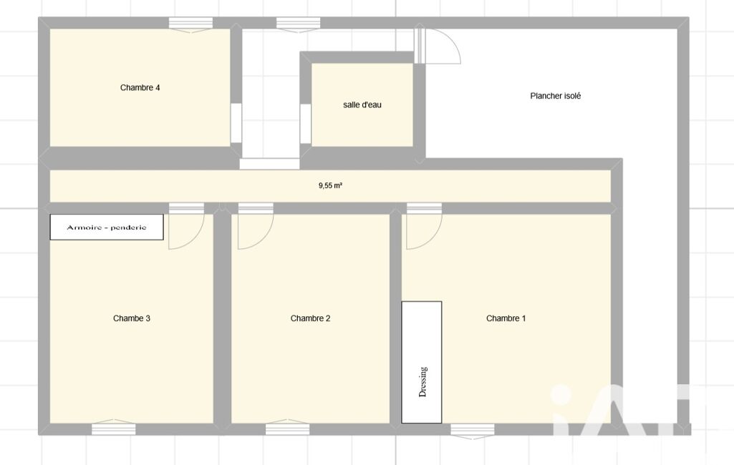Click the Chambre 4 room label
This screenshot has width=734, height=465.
click(140, 87)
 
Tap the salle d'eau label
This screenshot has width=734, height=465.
click(362, 104)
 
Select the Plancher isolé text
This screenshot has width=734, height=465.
click(555, 96)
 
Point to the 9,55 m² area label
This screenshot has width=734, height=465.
click(331, 186)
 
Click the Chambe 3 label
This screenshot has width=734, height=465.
click(132, 318)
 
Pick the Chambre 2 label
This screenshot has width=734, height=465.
click(310, 318)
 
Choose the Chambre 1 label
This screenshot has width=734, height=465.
click(506, 318)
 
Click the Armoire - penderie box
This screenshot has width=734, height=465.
click(107, 227)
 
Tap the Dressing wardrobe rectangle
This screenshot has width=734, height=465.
click(421, 363)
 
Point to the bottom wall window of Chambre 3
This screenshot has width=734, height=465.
click(114, 428)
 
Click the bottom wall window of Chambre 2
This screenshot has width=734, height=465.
click(287, 428)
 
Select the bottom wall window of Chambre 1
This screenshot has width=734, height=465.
click(473, 431)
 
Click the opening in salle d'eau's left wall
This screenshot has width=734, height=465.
click(305, 124)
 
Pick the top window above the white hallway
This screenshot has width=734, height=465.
click(298, 24)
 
